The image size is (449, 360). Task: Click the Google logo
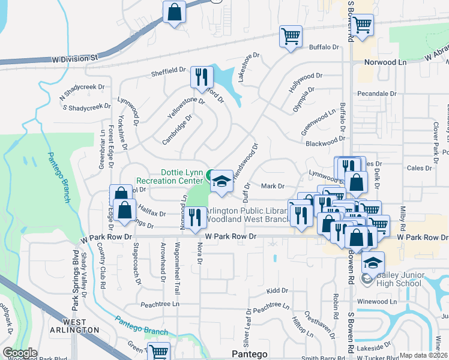(20, 353)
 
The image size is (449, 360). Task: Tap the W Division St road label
(75, 58)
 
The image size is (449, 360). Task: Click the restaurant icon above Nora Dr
(194, 217)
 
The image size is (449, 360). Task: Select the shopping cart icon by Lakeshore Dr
(291, 37)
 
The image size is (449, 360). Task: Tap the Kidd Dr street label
(277, 290)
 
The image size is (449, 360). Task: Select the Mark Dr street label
(273, 186)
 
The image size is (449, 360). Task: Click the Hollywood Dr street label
(305, 82)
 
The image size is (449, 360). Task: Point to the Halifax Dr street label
(152, 210)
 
